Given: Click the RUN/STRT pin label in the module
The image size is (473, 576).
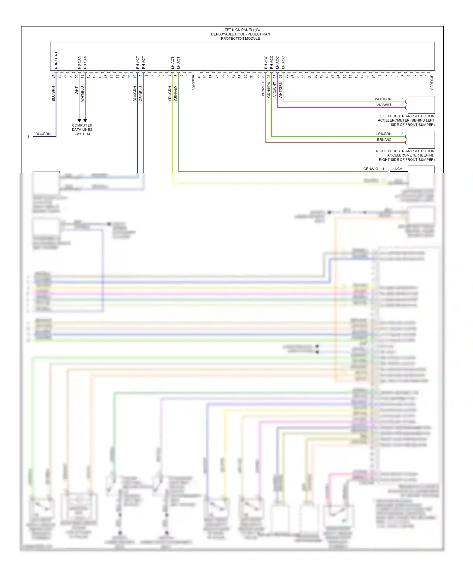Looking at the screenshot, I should [56, 60].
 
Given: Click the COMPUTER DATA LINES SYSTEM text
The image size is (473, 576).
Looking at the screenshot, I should [82, 130].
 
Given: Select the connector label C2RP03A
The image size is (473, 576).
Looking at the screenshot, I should [193, 83].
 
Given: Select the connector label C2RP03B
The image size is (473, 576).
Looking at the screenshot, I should [432, 82].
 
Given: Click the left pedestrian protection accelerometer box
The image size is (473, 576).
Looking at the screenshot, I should [421, 105].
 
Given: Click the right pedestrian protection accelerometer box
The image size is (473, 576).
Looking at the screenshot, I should [421, 140].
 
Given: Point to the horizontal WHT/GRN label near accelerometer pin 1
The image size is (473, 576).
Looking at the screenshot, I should [383, 99].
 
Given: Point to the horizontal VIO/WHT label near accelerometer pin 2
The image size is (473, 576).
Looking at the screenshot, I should [384, 105].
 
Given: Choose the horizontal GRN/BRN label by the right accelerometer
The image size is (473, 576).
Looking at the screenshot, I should [383, 134].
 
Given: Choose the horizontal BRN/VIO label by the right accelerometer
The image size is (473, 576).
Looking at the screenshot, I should [384, 140].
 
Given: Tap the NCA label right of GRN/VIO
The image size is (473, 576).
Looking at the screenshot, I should [398, 169].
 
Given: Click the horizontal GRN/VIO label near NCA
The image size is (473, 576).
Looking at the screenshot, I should [371, 169].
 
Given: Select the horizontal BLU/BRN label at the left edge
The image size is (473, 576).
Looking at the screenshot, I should [43, 134].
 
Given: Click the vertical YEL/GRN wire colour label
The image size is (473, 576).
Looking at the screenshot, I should [170, 94].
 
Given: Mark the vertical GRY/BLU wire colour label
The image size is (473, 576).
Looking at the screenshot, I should [141, 94].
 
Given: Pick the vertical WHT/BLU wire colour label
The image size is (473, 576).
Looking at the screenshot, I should [83, 94].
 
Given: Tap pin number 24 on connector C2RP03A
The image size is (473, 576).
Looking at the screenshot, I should [54, 76].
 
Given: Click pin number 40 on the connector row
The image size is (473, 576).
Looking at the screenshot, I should [199, 76].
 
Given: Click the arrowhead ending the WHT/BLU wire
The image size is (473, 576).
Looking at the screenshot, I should [85, 121].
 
